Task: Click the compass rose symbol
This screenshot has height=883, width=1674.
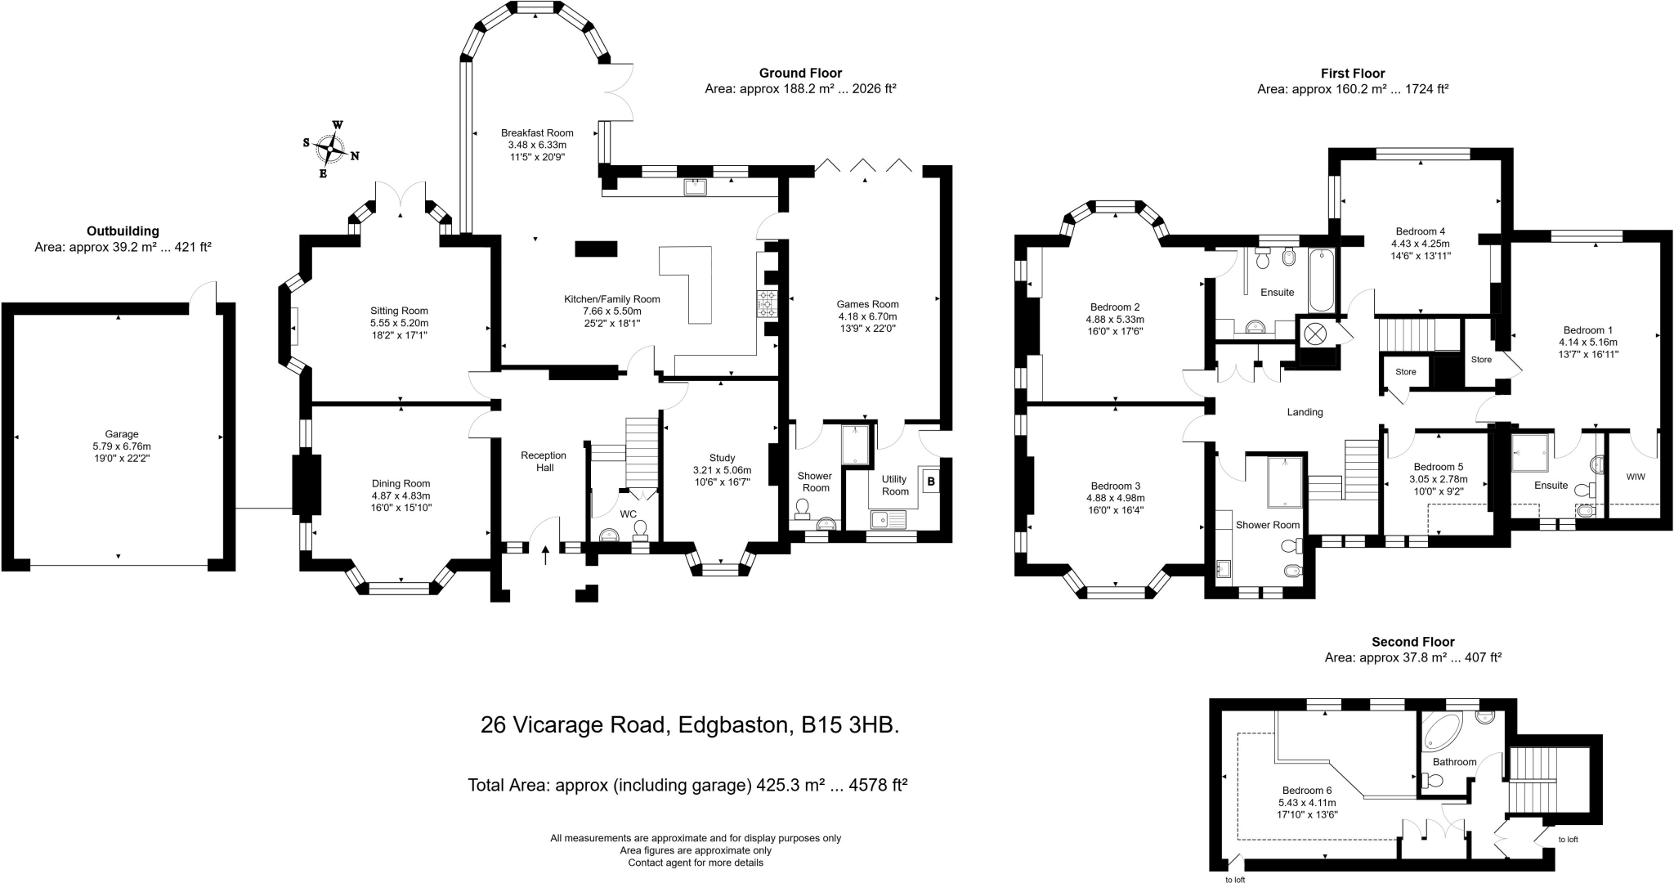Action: tap(331, 150)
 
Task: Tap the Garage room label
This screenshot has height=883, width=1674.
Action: tap(122, 434)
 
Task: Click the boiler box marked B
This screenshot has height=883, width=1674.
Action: tap(931, 482)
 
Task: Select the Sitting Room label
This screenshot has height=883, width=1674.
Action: tap(399, 311)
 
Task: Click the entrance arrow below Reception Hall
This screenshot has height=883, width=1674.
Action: tap(546, 555)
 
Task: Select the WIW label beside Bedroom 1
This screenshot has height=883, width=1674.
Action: tap(1636, 477)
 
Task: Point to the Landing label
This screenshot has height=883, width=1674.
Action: tap(1305, 412)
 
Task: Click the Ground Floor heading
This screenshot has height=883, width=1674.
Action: tap(800, 73)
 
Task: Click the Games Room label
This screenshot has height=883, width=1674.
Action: tap(867, 304)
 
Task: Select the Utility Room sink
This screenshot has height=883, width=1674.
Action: tap(885, 518)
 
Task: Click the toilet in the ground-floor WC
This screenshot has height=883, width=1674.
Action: tap(641, 528)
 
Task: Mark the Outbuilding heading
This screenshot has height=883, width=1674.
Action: tap(123, 231)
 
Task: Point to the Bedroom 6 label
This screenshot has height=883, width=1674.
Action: tap(1306, 791)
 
